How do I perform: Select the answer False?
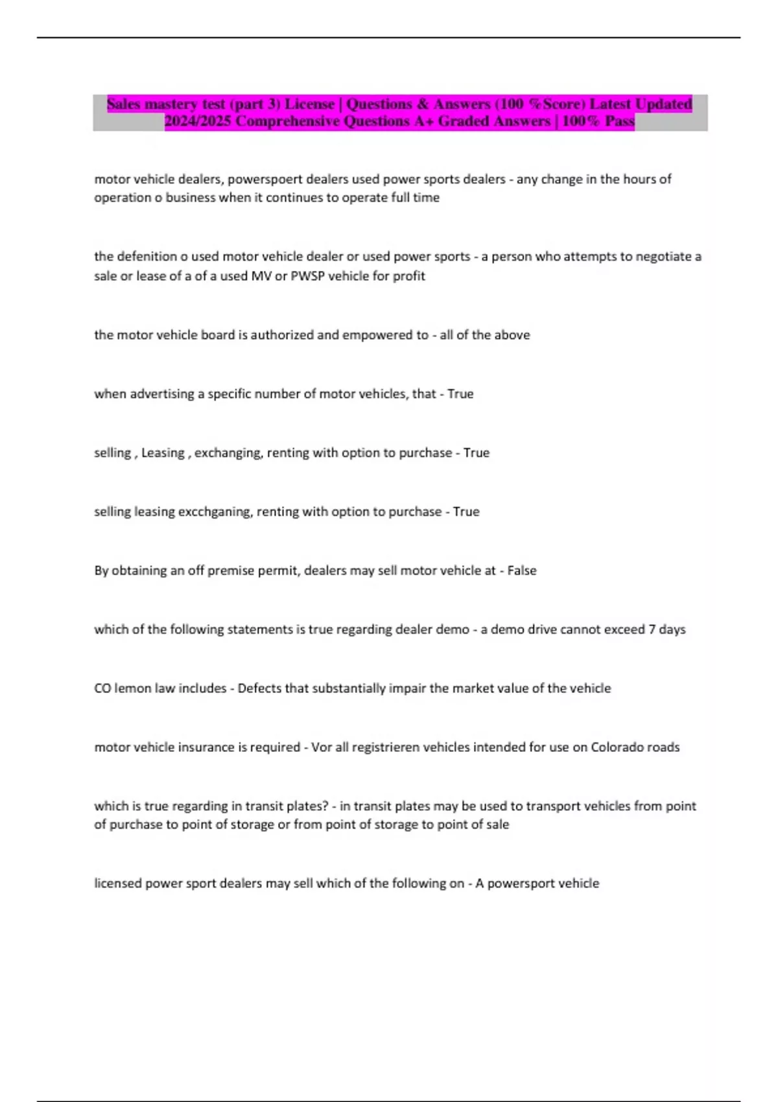coord(522,570)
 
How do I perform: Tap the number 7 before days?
coord(652,629)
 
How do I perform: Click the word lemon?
coord(132,688)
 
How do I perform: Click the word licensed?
coord(118,884)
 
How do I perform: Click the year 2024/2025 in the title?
coord(198,121)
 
